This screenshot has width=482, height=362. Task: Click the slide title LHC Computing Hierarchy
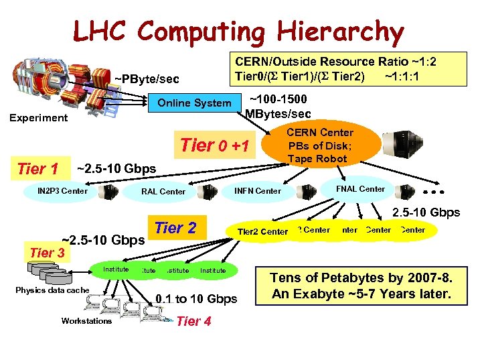238,31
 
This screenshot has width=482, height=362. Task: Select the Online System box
194,103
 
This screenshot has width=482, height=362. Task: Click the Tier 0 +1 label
215,145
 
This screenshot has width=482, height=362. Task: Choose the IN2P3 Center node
62,191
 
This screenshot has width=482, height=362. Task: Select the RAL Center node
163,192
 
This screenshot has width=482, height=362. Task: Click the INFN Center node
258,191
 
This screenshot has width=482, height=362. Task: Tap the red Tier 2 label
175,228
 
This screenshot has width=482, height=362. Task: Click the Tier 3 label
48,253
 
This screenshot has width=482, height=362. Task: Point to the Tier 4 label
193,321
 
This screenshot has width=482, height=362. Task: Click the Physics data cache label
52,290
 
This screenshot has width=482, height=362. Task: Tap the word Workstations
86,321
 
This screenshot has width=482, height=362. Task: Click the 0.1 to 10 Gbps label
196,299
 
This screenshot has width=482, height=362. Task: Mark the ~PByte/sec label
146,80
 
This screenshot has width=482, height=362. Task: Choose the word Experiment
38,118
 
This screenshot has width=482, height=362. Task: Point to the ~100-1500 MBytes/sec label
278,106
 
